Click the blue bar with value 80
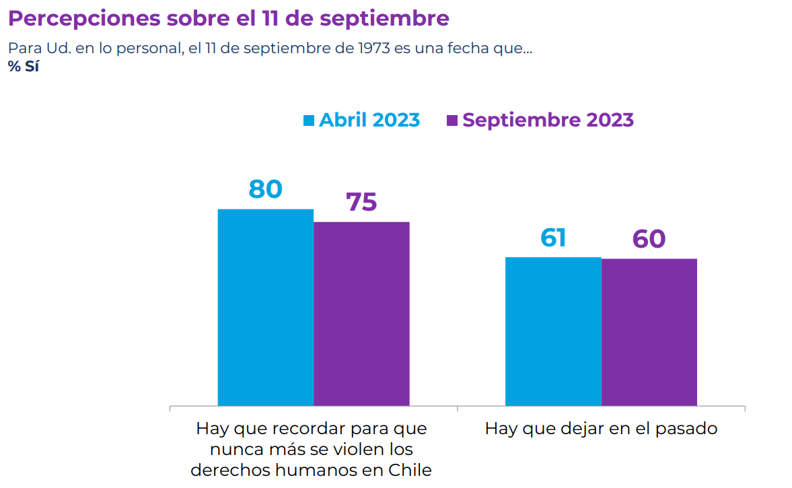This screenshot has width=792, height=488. click(266, 308)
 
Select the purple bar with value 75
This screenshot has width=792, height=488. click(361, 314)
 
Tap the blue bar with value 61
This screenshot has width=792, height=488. click(553, 332)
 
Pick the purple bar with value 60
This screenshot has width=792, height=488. click(649, 333)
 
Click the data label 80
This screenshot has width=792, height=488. click(265, 189)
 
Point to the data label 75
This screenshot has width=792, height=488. click(361, 202)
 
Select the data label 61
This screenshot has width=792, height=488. click(553, 238)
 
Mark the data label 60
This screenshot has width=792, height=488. click(649, 239)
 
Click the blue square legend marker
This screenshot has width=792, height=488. click(309, 120)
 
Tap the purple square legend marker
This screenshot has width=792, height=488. click(452, 120)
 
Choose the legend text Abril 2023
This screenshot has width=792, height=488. click(369, 120)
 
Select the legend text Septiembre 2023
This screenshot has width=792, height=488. click(548, 120)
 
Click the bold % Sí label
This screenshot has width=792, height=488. click(24, 67)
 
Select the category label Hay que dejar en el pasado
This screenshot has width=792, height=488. click(601, 429)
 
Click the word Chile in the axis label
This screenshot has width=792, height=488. click(410, 469)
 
